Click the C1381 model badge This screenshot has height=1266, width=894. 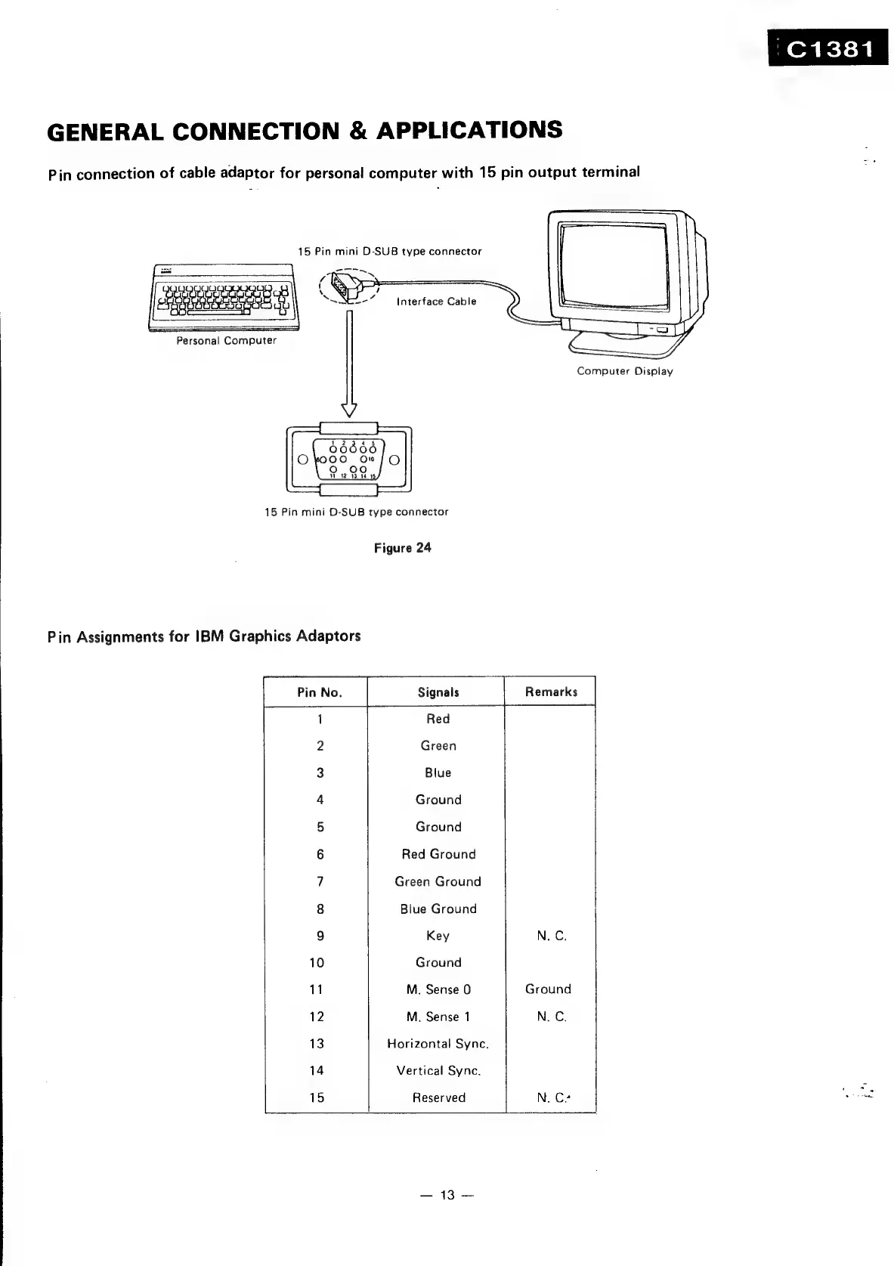829,50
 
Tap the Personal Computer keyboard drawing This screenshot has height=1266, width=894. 224,298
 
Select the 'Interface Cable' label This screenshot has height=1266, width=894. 436,302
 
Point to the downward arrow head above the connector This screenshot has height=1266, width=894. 348,409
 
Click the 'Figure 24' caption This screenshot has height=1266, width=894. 403,548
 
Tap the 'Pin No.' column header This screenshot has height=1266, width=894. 320,692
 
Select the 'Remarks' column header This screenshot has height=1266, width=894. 551,692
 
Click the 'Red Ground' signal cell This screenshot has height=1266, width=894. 438,854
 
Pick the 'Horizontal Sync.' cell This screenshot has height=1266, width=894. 438,1044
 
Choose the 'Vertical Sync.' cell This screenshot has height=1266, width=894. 438,1070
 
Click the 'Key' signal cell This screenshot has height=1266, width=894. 438,936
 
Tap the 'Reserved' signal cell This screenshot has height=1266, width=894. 438,1097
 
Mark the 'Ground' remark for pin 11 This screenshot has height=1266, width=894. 548,989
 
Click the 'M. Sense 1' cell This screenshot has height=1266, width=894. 438,1017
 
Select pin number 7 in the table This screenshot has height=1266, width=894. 320,881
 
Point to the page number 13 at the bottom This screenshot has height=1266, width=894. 448,1194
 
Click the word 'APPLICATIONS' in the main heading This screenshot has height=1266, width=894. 469,130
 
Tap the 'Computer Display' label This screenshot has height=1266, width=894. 624,371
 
